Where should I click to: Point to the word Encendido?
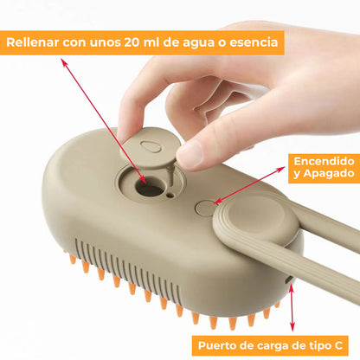pyautogui.click(x=323, y=161)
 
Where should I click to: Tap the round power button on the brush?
pyautogui.click(x=205, y=207)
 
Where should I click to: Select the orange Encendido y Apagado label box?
pyautogui.click(x=323, y=168)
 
